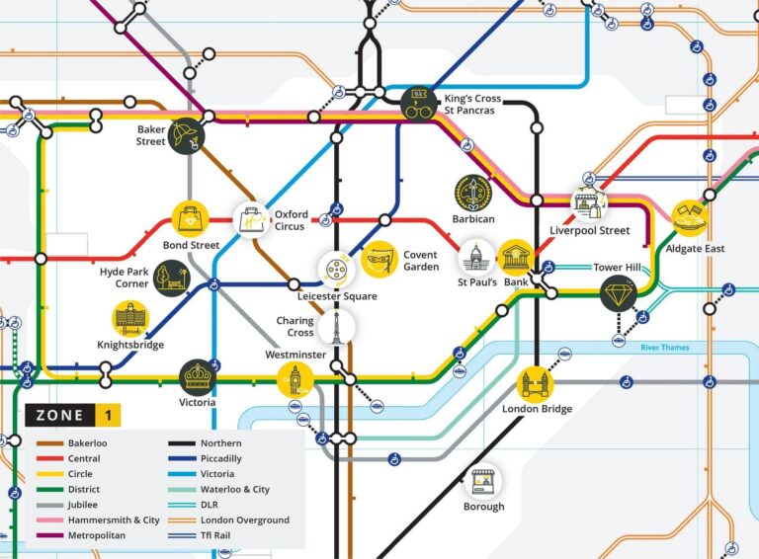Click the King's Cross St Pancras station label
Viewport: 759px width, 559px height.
point(473,106)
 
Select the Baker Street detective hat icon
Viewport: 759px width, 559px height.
point(185,135)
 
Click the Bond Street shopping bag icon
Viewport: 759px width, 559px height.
point(190,219)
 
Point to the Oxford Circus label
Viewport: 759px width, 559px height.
point(292,220)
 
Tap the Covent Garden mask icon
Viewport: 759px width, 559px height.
point(378,260)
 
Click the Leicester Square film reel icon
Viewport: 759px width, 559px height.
point(336,269)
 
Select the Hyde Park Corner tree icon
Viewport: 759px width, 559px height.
point(171,278)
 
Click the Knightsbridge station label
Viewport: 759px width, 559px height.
point(130,345)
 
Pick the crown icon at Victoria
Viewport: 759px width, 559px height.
point(197,376)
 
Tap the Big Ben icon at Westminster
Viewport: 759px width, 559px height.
point(295,379)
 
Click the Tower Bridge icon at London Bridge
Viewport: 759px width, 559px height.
point(537,382)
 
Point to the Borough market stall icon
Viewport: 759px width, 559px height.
point(483,482)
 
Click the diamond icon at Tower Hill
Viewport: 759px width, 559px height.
point(618,293)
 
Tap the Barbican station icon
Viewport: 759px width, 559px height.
point(473,193)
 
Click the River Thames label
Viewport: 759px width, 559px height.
point(664,348)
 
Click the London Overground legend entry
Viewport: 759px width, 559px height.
point(244,519)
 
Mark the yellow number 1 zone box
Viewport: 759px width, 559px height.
point(109,416)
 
